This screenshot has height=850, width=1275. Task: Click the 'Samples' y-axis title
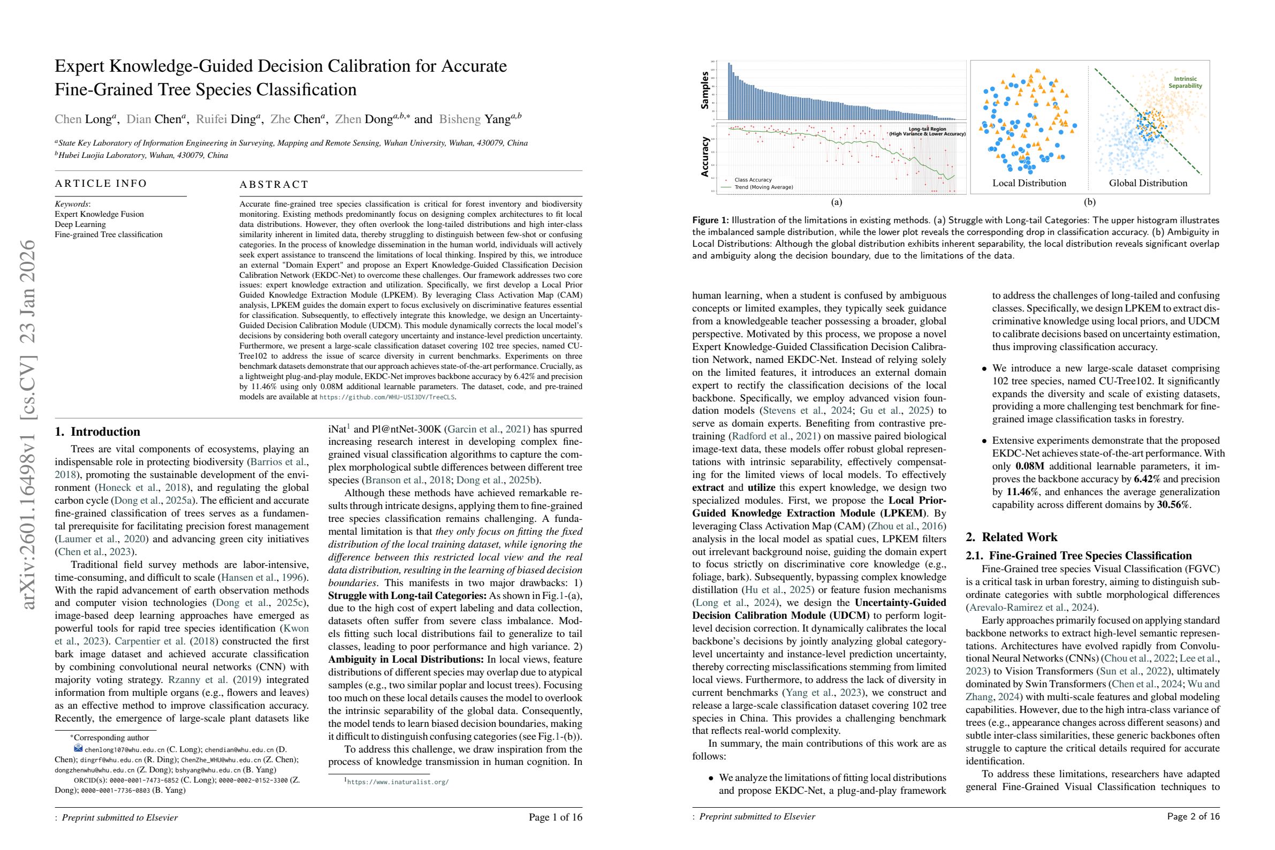pyautogui.click(x=705, y=90)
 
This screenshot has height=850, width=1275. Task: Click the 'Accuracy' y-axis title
pyautogui.click(x=705, y=157)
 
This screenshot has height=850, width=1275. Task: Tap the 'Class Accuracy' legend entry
pyautogui.click(x=753, y=179)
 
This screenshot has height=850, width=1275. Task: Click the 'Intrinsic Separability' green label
pyautogui.click(x=1185, y=82)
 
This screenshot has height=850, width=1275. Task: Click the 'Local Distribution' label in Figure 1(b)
pyautogui.click(x=1029, y=183)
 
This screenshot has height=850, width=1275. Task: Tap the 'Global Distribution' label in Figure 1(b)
pyautogui.click(x=1148, y=183)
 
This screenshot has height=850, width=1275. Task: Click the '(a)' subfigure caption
pyautogui.click(x=837, y=202)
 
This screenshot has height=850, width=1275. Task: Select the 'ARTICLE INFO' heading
pyautogui.click(x=101, y=183)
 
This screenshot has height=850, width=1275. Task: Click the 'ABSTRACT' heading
pyautogui.click(x=274, y=184)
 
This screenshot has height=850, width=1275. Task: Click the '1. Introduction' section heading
pyautogui.click(x=97, y=432)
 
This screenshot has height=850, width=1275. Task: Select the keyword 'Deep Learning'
pyautogui.click(x=80, y=224)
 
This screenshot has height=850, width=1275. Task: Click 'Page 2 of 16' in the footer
pyautogui.click(x=1193, y=816)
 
